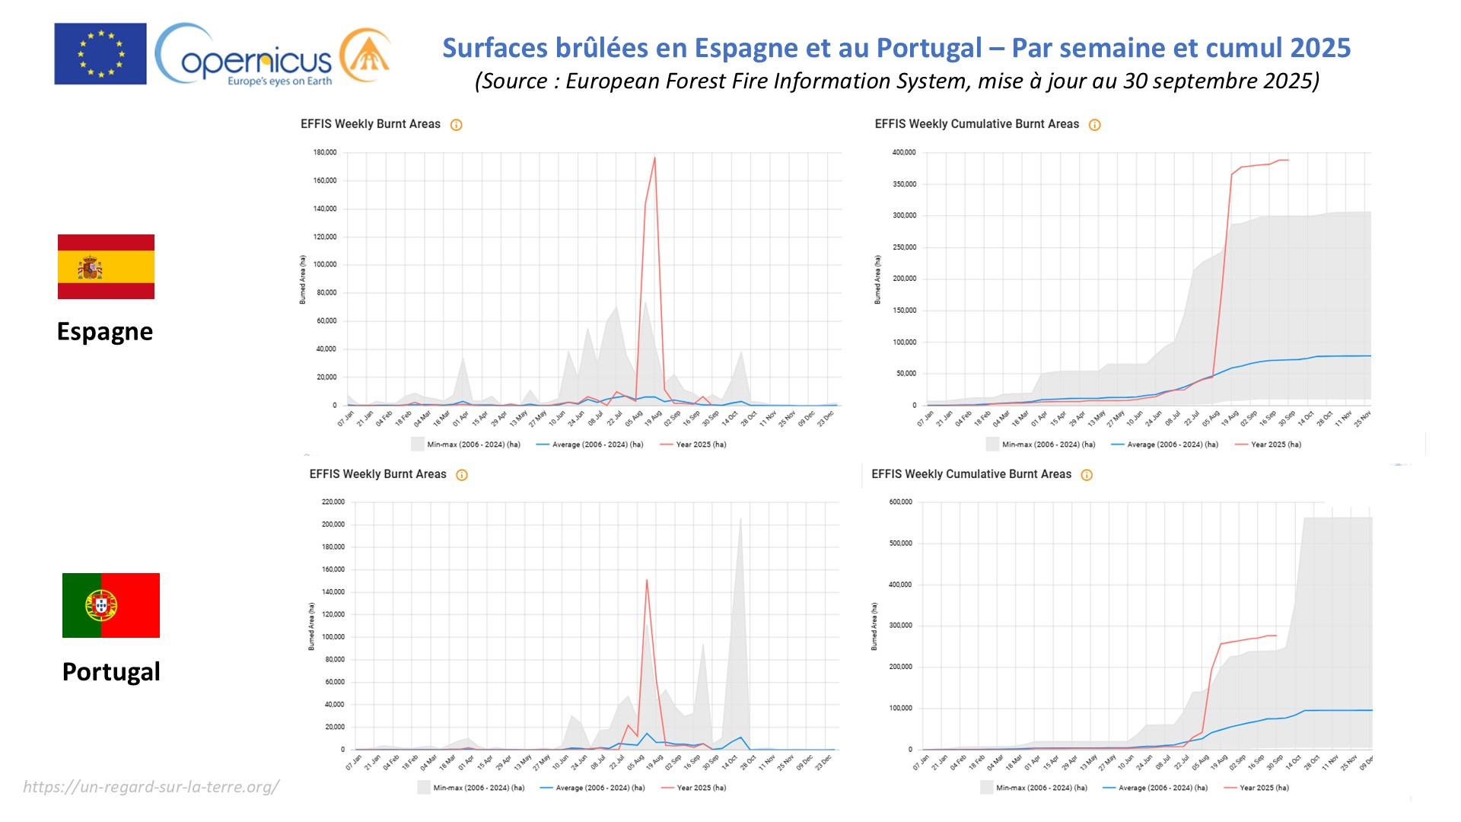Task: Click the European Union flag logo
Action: tap(100, 53)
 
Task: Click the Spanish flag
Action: tap(106, 266)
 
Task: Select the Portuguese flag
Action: tap(111, 605)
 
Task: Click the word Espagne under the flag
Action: tap(105, 332)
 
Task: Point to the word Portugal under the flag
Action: tap(111, 672)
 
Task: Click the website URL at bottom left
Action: tap(151, 787)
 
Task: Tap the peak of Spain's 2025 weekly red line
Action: tap(654, 158)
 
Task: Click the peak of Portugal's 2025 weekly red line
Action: tap(647, 580)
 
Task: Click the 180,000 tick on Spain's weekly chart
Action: tap(325, 152)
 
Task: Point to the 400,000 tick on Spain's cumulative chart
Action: tap(904, 152)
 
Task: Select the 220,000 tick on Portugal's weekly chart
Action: tap(333, 502)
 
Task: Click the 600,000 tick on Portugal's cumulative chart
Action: tap(900, 502)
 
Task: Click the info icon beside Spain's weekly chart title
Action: tap(457, 125)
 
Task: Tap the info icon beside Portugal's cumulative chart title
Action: tap(1087, 475)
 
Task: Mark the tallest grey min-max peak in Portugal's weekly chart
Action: tap(740, 519)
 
